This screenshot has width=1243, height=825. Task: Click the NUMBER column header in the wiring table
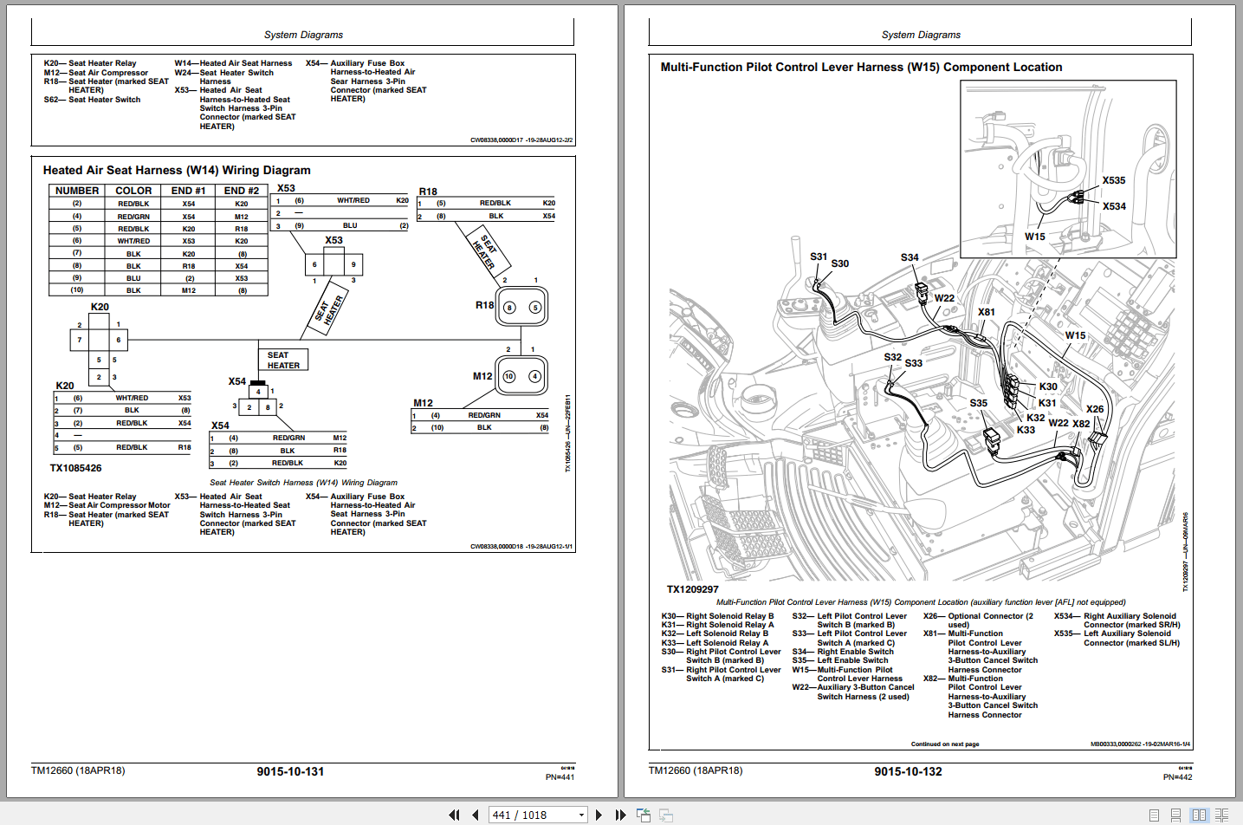click(x=77, y=191)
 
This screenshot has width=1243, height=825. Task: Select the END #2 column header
click(x=241, y=191)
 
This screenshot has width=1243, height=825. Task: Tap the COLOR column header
click(x=133, y=191)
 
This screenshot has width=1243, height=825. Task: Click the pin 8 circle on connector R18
click(x=509, y=308)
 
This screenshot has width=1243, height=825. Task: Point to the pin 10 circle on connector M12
click(x=509, y=377)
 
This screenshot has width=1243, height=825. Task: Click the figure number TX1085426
click(x=75, y=468)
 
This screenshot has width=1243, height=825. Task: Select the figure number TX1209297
click(x=692, y=589)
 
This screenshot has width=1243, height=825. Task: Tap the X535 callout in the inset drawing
click(x=1114, y=180)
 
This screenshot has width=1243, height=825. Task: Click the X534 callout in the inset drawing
click(x=1114, y=206)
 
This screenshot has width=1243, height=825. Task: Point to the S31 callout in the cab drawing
click(x=819, y=257)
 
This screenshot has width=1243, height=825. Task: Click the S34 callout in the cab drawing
click(x=910, y=257)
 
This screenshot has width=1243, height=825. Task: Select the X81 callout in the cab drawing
click(x=987, y=312)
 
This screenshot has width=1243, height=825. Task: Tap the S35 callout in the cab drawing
click(x=978, y=403)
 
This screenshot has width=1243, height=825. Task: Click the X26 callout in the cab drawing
click(x=1095, y=409)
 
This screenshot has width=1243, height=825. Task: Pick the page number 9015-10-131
click(x=290, y=771)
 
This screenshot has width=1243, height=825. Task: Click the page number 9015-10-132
click(x=908, y=771)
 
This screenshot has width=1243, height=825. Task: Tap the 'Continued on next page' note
click(x=944, y=744)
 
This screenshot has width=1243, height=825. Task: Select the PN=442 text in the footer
click(x=1177, y=777)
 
